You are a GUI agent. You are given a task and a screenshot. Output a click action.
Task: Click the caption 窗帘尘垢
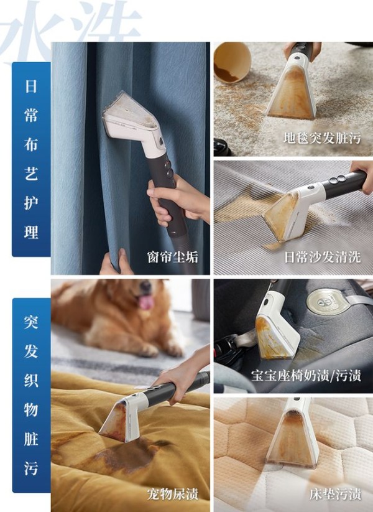[x=173, y=257]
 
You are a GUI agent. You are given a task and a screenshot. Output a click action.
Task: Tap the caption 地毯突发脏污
[x=322, y=138]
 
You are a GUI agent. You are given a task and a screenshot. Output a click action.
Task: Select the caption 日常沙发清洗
[x=323, y=257]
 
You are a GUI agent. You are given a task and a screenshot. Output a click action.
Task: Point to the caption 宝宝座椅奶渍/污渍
[x=306, y=376]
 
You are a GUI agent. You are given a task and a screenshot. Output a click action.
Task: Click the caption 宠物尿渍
[x=173, y=494]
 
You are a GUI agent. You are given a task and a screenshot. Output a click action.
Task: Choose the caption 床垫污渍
[x=335, y=494]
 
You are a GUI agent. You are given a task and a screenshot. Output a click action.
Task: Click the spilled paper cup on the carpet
[x=233, y=62]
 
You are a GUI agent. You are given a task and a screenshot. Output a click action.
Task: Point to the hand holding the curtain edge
[x=116, y=263]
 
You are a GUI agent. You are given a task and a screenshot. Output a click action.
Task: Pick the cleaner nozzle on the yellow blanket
[x=121, y=418]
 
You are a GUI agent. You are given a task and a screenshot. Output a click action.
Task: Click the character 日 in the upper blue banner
[x=31, y=86]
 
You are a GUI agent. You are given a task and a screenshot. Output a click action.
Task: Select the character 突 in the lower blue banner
[x=31, y=322]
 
